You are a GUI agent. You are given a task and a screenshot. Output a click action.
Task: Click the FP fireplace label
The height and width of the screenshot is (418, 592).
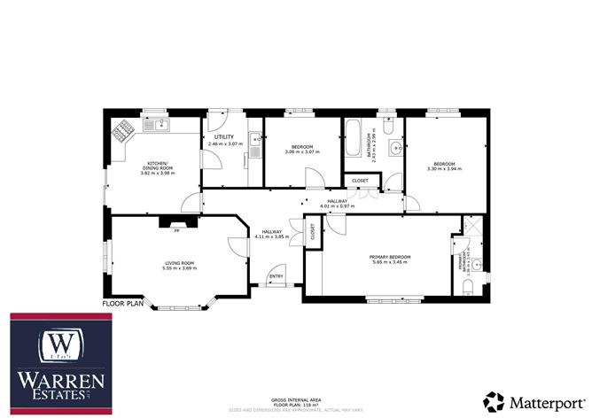click(x=176, y=231)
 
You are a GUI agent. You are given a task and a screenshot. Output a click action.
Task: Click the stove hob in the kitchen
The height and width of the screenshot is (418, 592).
click(x=121, y=133)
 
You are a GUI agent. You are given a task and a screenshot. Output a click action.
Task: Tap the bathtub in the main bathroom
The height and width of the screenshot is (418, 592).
click(x=354, y=135)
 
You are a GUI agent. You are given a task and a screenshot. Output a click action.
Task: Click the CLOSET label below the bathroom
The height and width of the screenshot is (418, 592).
click(x=360, y=181)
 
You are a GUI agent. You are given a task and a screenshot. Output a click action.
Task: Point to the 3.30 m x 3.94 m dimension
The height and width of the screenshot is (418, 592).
click(x=444, y=168)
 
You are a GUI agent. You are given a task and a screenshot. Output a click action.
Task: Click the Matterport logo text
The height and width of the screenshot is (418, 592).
click(x=541, y=399)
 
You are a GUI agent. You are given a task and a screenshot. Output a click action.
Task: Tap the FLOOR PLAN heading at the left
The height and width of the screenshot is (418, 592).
click(x=122, y=304)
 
